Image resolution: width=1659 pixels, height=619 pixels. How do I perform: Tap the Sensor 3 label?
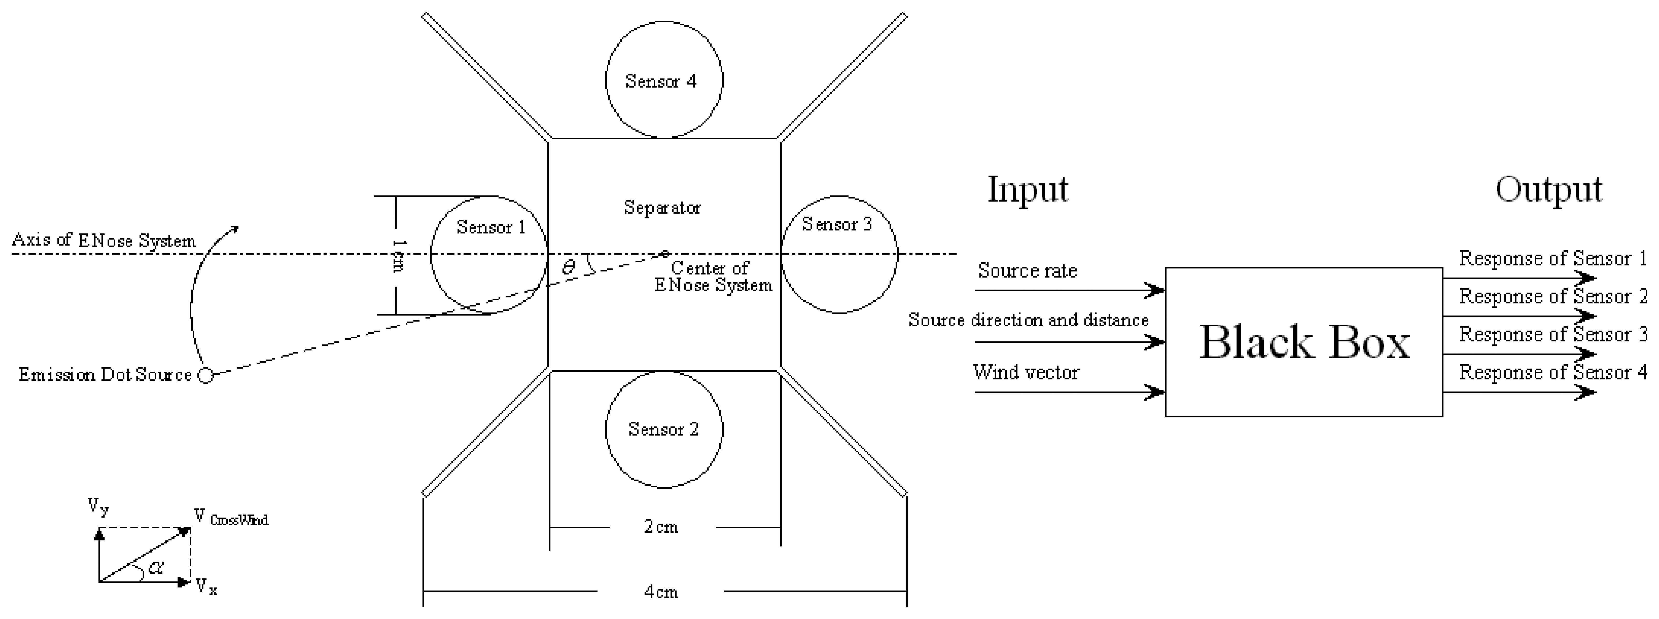coord(836,225)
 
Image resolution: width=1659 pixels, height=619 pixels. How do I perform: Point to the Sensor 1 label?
coord(491,227)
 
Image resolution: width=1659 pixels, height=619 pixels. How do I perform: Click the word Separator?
coord(662,208)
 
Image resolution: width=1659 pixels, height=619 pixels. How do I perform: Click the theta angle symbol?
coord(568,267)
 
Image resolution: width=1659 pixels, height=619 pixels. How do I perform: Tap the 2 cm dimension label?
coord(662,527)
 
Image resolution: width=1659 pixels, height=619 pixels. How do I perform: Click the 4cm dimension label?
coord(662,592)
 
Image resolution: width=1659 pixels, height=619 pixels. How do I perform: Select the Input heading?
coord(1028,190)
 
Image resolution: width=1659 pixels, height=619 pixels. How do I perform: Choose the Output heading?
coord(1548,190)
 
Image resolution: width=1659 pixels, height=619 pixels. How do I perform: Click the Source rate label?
coord(1027,271)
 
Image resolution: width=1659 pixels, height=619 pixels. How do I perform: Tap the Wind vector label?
coord(1026,372)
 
